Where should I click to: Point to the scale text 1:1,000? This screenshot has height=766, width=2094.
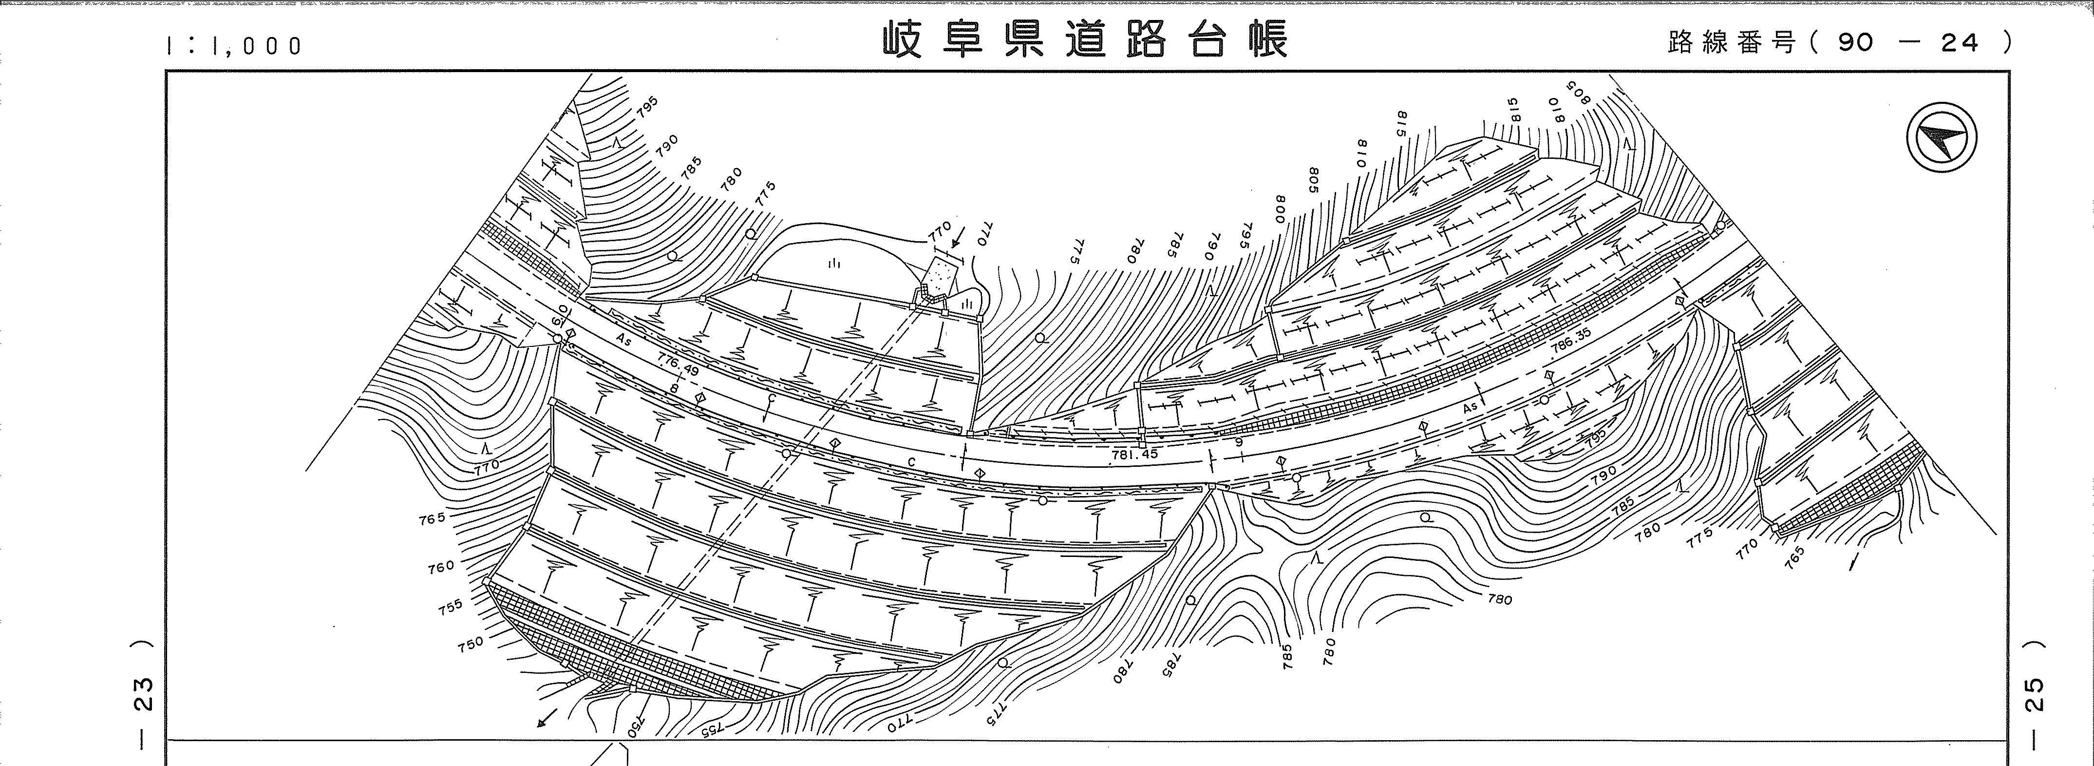click(x=233, y=45)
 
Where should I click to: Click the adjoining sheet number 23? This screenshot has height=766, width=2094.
click(x=143, y=693)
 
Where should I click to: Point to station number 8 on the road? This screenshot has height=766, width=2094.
click(x=674, y=389)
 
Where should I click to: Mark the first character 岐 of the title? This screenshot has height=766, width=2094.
click(x=902, y=40)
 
